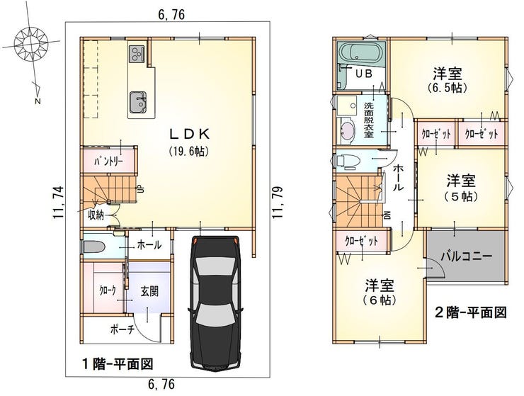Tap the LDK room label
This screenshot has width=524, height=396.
click(190, 134)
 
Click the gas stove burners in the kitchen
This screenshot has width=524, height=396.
click(136, 54)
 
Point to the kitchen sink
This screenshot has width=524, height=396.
click(138, 102)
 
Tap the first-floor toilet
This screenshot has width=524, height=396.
click(94, 247)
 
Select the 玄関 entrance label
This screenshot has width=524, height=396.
click(149, 291)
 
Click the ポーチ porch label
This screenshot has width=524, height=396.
click(123, 330)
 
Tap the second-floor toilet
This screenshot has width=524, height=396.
click(348, 161)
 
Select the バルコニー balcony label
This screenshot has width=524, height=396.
click(466, 257)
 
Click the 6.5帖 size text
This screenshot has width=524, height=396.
click(447, 88)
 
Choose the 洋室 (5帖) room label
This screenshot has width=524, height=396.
click(461, 188)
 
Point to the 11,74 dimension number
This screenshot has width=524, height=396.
click(57, 203)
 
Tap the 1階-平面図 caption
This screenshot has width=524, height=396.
click(118, 363)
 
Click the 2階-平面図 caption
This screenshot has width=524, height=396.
click(470, 312)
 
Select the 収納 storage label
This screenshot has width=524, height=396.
click(96, 215)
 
